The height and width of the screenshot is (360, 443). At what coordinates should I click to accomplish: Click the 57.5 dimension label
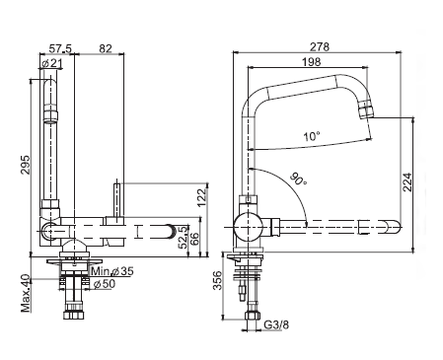point(60,48)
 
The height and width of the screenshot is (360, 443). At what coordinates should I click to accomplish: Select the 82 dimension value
point(106,48)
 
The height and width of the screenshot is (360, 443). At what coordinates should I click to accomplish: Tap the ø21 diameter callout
point(52,63)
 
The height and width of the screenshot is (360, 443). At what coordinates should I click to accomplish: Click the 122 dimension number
point(203,197)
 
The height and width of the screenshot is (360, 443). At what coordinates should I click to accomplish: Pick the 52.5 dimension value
point(183,237)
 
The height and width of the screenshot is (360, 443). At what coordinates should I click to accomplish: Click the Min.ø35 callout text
point(112,271)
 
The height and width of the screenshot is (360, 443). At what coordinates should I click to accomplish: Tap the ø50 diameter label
point(105,284)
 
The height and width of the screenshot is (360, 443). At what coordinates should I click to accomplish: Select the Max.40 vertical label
point(26,294)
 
